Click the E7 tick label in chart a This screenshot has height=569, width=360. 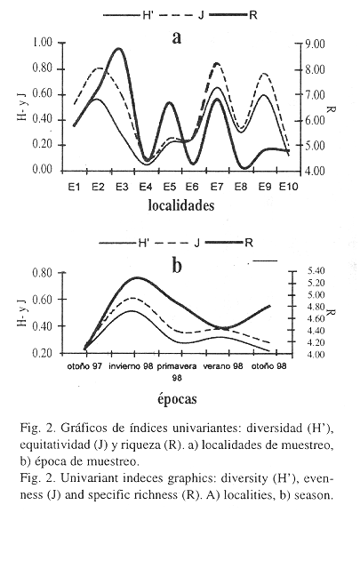click(x=217, y=187)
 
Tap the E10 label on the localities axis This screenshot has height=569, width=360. click(x=289, y=187)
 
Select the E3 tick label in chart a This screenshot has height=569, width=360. click(x=122, y=187)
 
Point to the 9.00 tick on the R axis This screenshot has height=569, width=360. click(x=315, y=44)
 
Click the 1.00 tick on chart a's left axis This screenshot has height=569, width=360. click(x=43, y=43)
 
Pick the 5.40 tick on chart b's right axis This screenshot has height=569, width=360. click(x=316, y=270)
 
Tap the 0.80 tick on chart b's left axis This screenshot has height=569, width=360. click(x=43, y=273)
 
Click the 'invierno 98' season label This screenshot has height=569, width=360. click(x=131, y=366)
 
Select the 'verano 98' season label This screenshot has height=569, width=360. click(x=223, y=366)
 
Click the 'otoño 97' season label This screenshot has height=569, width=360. click(x=84, y=366)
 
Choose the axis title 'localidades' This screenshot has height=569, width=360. click(x=181, y=205)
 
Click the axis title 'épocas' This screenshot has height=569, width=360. click(x=177, y=399)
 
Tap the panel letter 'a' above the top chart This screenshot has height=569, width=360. click(x=176, y=37)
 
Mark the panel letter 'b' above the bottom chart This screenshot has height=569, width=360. click(x=176, y=266)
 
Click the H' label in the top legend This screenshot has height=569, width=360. click(x=147, y=15)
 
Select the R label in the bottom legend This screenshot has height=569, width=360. click(x=249, y=243)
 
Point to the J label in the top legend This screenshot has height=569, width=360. click(x=201, y=15)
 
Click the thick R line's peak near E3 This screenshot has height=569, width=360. click(x=119, y=48)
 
